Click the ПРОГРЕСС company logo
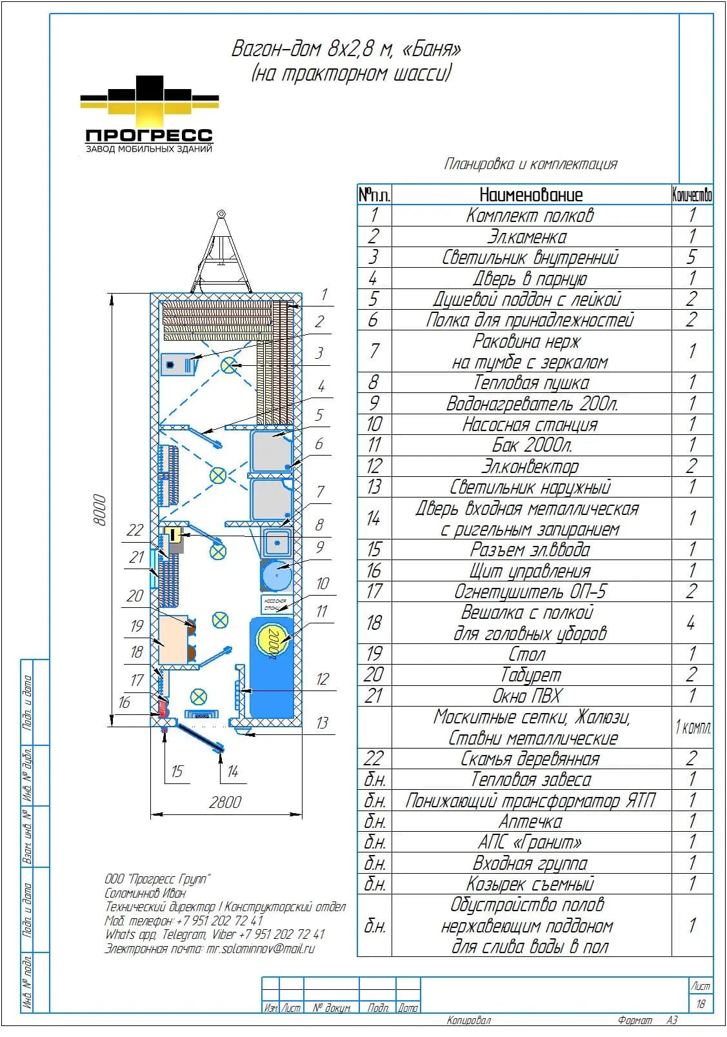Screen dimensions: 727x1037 pyautogui.click(x=149, y=114)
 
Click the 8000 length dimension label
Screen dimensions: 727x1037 pyautogui.click(x=100, y=510)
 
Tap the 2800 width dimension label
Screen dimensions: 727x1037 pyautogui.click(x=225, y=802)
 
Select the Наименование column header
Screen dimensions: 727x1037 pyautogui.click(x=531, y=195)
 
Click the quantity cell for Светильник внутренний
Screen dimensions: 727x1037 pyautogui.click(x=692, y=257)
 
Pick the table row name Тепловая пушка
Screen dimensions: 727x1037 pyautogui.click(x=531, y=383)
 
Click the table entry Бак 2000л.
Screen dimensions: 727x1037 pyautogui.click(x=532, y=445)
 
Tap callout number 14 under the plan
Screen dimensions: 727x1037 pyautogui.click(x=233, y=771)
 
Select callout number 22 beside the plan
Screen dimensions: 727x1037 pyautogui.click(x=135, y=530)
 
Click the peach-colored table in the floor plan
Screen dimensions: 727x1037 pyautogui.click(x=173, y=639)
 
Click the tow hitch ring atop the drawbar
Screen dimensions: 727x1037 pyautogui.click(x=221, y=214)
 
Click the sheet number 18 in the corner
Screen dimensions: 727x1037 pyautogui.click(x=701, y=1003)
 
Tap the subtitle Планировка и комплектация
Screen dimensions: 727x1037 pyautogui.click(x=530, y=164)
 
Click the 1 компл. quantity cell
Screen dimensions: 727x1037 pyautogui.click(x=692, y=727)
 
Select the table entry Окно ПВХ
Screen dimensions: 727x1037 pyautogui.click(x=527, y=696)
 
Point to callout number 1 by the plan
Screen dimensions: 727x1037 pyautogui.click(x=324, y=294)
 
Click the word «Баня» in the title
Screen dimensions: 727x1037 pyautogui.click(x=432, y=48)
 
